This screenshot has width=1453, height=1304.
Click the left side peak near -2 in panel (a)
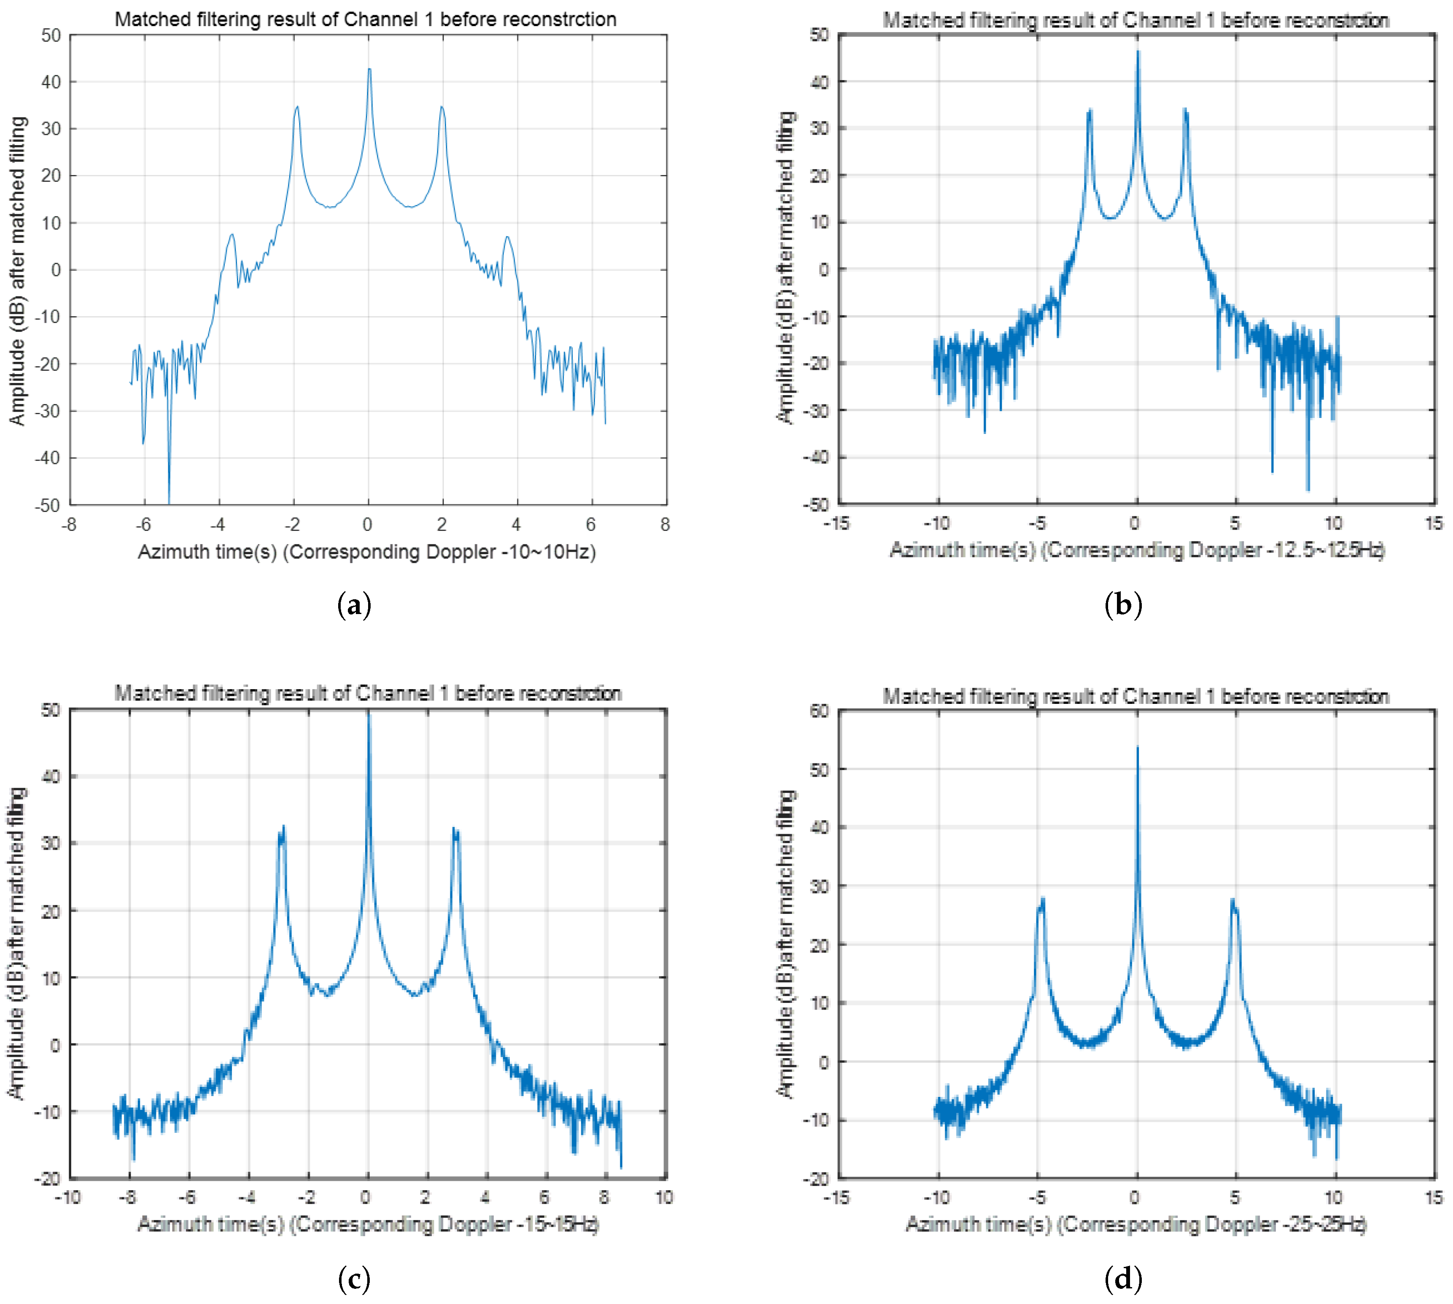pyautogui.click(x=296, y=108)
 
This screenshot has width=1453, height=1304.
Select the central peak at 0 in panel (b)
pyautogui.click(x=1137, y=51)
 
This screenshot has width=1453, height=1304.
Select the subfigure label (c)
pyautogui.click(x=354, y=1278)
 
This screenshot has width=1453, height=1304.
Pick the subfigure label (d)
pyautogui.click(x=1123, y=1278)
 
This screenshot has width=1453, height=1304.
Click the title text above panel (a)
pyautogui.click(x=366, y=19)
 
